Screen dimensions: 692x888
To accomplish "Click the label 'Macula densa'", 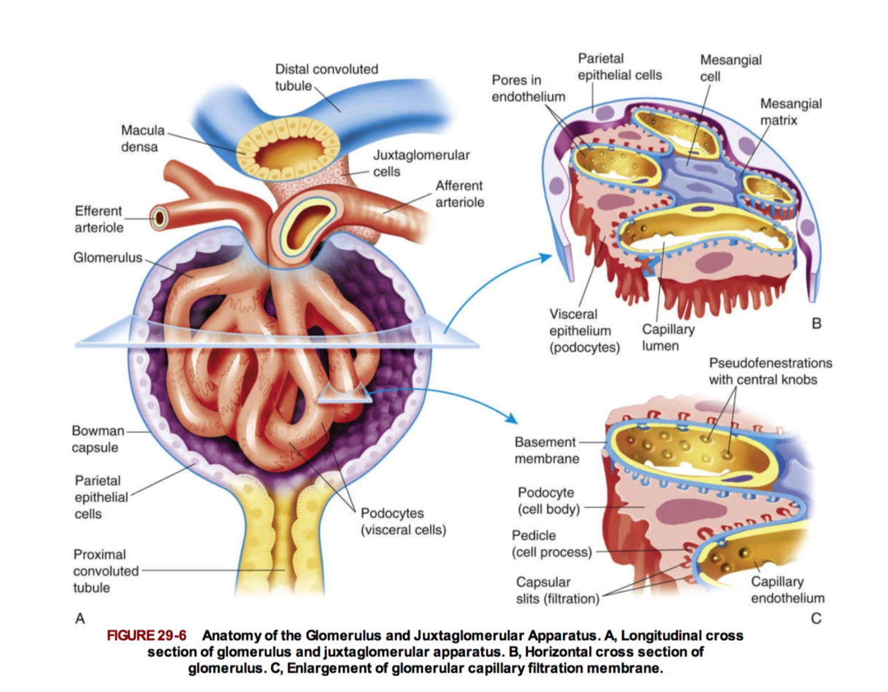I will (x=142, y=139).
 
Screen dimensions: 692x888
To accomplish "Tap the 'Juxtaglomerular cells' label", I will (x=421, y=163).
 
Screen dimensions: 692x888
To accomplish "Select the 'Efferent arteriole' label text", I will (x=99, y=219).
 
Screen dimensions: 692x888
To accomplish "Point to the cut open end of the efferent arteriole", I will (x=158, y=218).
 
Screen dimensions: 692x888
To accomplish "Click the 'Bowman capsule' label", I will (x=98, y=439).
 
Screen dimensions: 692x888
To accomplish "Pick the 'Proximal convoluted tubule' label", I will (x=106, y=571).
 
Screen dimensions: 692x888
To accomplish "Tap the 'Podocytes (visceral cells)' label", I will (x=403, y=521).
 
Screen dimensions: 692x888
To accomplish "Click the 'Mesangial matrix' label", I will (x=790, y=112).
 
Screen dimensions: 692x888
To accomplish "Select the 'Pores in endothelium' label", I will (x=528, y=88).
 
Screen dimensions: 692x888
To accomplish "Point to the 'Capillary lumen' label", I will (x=668, y=337).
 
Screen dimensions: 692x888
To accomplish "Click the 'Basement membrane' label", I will (x=546, y=450).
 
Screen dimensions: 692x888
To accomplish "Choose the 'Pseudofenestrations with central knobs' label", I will (x=770, y=371).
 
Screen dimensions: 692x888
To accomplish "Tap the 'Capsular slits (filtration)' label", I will (x=557, y=590).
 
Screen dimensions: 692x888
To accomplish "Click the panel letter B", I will (x=816, y=324).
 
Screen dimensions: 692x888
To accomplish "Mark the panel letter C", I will (x=815, y=619).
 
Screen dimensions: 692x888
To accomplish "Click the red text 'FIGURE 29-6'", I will (x=146, y=635).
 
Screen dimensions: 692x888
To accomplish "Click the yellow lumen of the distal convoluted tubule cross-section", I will (x=289, y=153).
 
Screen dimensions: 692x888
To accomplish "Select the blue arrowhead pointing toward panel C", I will (x=511, y=418).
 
